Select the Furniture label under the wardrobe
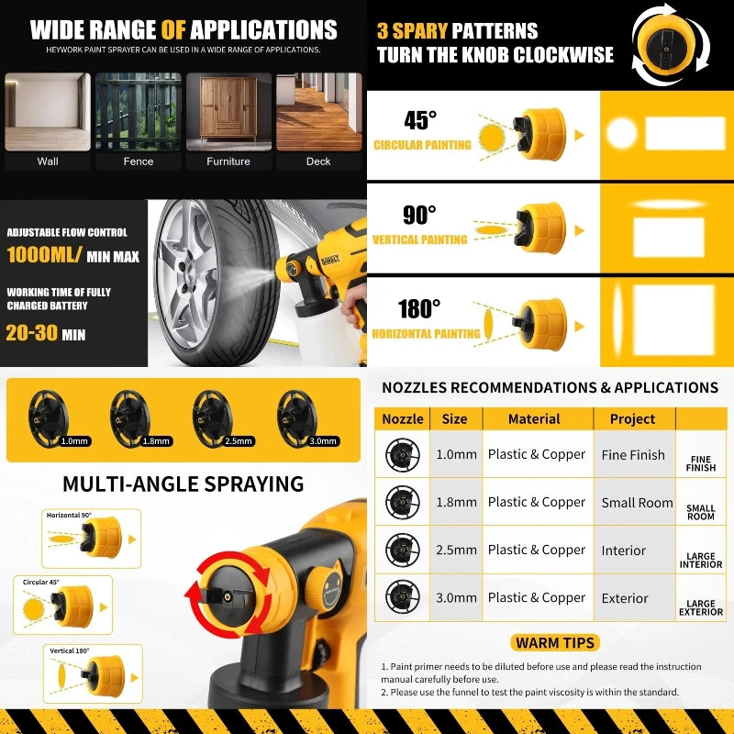pyautogui.click(x=228, y=161)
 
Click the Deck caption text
pyautogui.click(x=318, y=161)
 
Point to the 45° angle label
pyautogui.click(x=420, y=120)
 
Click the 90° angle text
pyautogui.click(x=419, y=215)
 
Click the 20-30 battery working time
pyautogui.click(x=33, y=333)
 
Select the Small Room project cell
pyautogui.click(x=638, y=502)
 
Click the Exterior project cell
pyautogui.click(x=625, y=598)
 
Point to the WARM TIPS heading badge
pyautogui.click(x=555, y=642)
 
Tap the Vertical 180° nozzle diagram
pyautogui.click(x=91, y=674)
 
